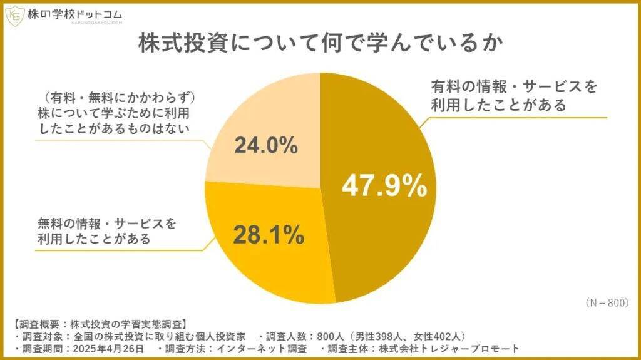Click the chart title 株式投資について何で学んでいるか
click(x=320, y=46)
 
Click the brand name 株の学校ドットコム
click(x=74, y=13)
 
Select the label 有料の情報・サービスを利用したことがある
click(x=511, y=94)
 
